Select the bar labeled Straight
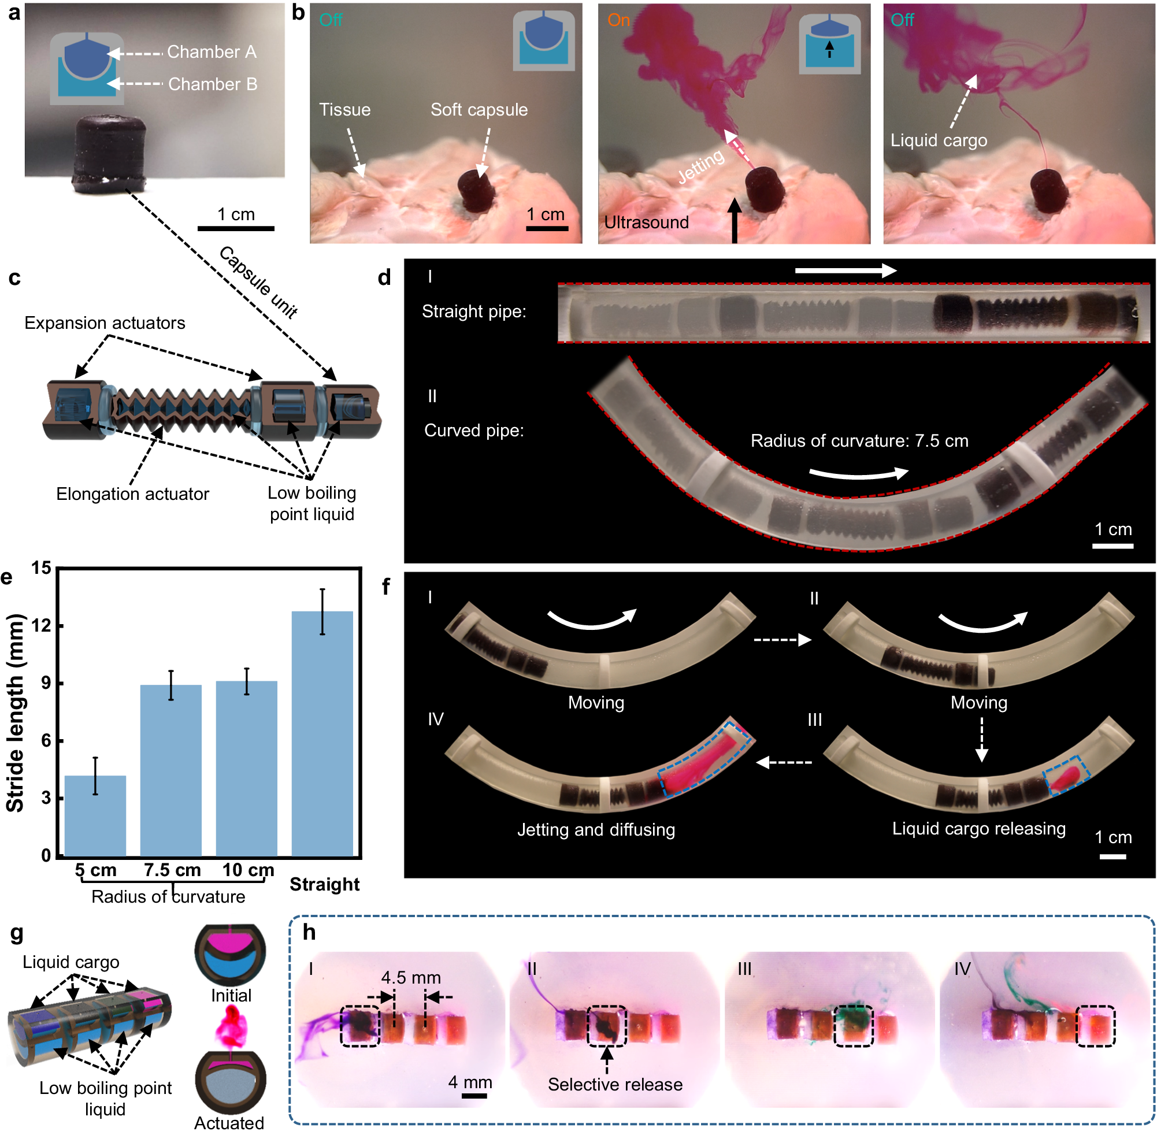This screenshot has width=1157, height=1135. pyautogui.click(x=322, y=733)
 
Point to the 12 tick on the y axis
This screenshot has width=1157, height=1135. pyautogui.click(x=41, y=626)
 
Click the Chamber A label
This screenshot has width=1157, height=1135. pyautogui.click(x=212, y=53)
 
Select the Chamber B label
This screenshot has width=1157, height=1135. pyautogui.click(x=213, y=84)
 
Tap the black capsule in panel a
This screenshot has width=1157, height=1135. pyautogui.click(x=110, y=153)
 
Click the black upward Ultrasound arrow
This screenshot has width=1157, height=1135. pyautogui.click(x=735, y=220)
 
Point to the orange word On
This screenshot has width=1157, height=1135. pyautogui.click(x=619, y=20)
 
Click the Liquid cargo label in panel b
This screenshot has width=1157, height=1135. pyautogui.click(x=939, y=140)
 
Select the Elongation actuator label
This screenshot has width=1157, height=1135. pyautogui.click(x=132, y=494)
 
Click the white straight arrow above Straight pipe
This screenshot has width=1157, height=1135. pyautogui.click(x=845, y=270)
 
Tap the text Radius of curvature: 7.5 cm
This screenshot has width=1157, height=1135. pyautogui.click(x=859, y=441)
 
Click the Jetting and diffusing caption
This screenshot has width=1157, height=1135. pyautogui.click(x=596, y=830)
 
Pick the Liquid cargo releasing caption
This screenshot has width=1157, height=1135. pyautogui.click(x=979, y=829)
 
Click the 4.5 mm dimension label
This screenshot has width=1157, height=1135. pyautogui.click(x=411, y=978)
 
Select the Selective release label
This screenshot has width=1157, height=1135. pyautogui.click(x=615, y=1085)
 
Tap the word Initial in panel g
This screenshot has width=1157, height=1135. pyautogui.click(x=231, y=996)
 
